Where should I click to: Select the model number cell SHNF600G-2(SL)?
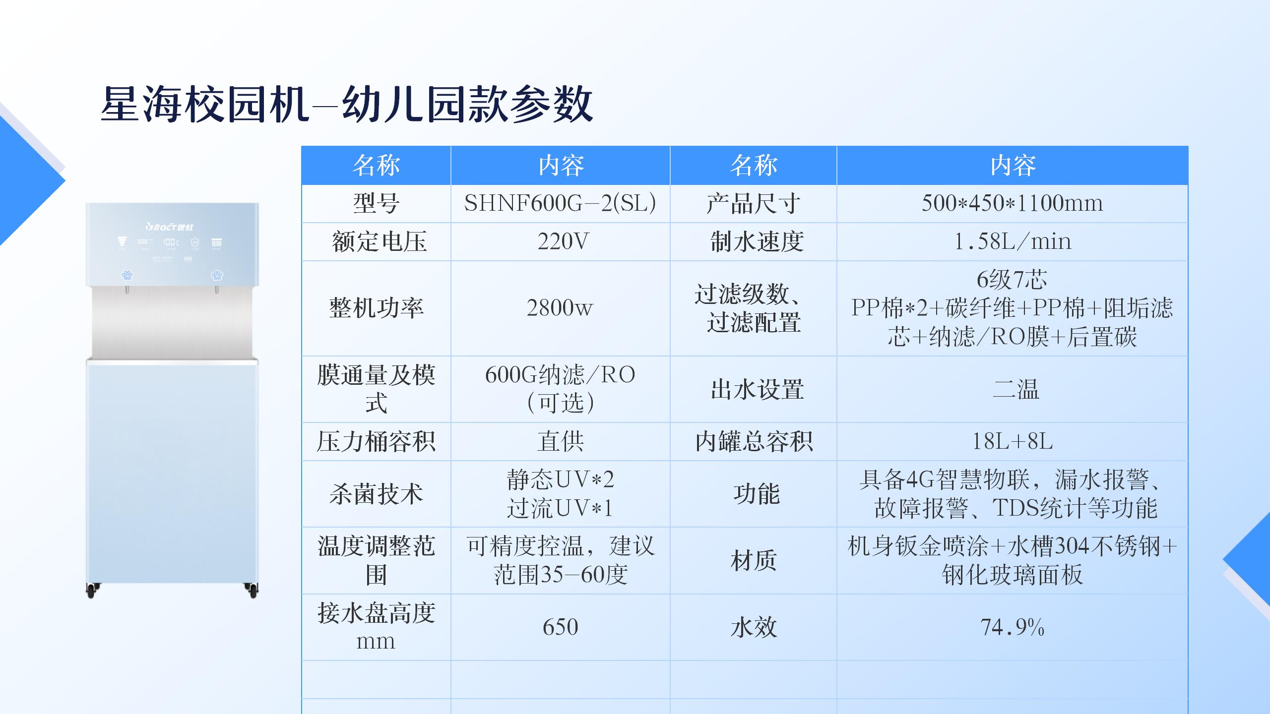coord(560,203)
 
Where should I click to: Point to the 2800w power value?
coord(560,308)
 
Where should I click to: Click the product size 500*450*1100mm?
coord(1012,203)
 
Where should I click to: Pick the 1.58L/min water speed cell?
coord(1012,241)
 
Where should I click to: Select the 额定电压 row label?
coord(379,241)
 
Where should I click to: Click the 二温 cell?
coord(1016,389)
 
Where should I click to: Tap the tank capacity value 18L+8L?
coord(1012,441)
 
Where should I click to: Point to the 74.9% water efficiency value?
coord(1012,627)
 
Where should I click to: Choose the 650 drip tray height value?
coord(560,627)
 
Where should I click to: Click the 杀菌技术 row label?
coord(376,494)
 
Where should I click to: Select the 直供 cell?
coord(560,441)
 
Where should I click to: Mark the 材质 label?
coord(754,561)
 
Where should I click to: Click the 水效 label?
coord(754,627)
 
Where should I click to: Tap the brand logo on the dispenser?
coord(170,227)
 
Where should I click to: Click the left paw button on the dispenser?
coord(127,275)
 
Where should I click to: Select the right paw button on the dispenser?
coord(217,275)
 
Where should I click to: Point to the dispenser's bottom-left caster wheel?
coord(92,590)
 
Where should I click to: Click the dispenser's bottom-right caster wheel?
coord(252,590)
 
